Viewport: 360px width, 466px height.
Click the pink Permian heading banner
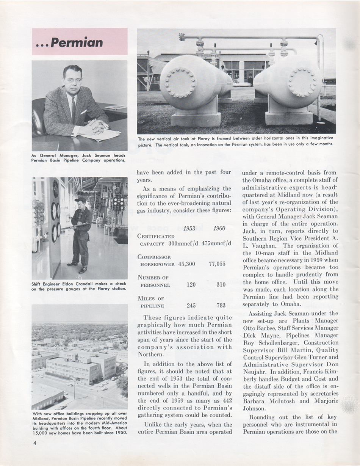pyautogui.click(x=80, y=42)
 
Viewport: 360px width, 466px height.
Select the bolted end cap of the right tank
pyautogui.click(x=302, y=82)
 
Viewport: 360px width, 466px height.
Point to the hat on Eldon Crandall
pyautogui.click(x=80, y=200)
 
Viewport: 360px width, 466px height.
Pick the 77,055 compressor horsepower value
pyautogui.click(x=217, y=264)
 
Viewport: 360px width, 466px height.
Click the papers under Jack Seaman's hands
pyautogui.click(x=100, y=134)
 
